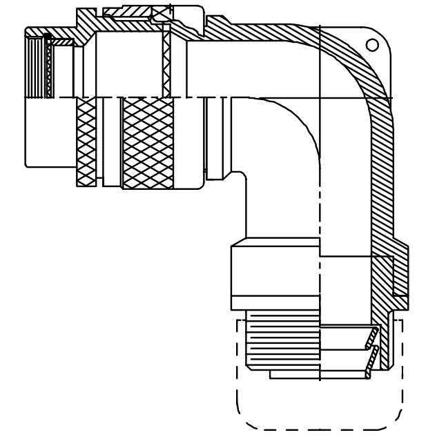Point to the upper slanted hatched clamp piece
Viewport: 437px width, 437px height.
(372, 337)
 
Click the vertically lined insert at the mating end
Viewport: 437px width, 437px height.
(35, 66)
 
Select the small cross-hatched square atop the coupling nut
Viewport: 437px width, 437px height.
(162, 14)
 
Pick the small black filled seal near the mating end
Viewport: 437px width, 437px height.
(46, 35)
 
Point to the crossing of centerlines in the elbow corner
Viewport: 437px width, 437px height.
(320, 97)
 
